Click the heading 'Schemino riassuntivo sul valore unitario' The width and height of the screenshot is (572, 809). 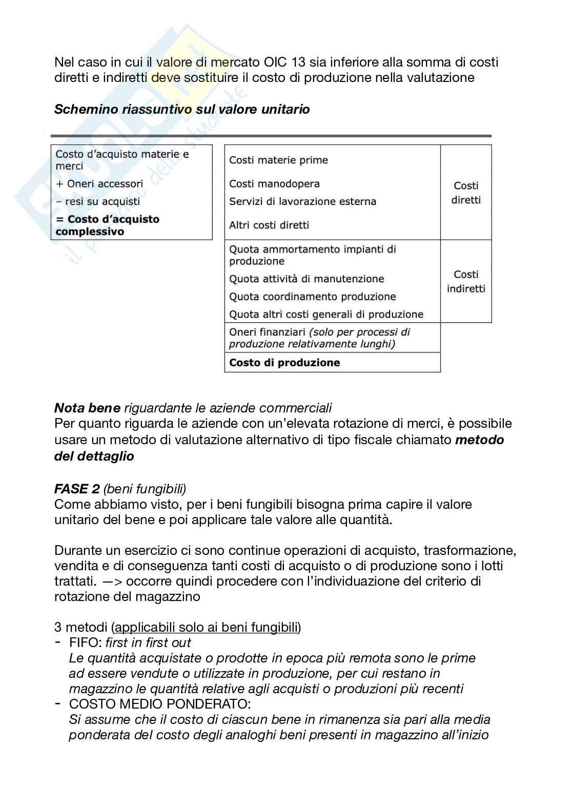pyautogui.click(x=182, y=109)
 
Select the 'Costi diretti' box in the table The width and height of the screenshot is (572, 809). pyautogui.click(x=465, y=193)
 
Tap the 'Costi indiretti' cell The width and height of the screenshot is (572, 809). pyautogui.click(x=465, y=281)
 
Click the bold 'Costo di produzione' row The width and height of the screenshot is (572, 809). pyautogui.click(x=284, y=363)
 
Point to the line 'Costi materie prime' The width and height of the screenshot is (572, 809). pyautogui.click(x=278, y=160)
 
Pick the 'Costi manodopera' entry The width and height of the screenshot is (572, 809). pyautogui.click(x=274, y=184)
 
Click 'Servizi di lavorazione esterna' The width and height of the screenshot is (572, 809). pyautogui.click(x=302, y=201)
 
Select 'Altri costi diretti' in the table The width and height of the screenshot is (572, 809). pyautogui.click(x=269, y=225)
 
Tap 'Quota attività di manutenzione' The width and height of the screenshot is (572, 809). pyautogui.click(x=306, y=279)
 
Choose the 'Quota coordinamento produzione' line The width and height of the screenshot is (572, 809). pyautogui.click(x=312, y=297)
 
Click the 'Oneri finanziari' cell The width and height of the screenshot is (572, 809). pyautogui.click(x=319, y=338)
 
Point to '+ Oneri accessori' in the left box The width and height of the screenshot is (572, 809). pyautogui.click(x=99, y=184)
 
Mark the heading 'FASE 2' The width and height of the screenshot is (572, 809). pyautogui.click(x=77, y=489)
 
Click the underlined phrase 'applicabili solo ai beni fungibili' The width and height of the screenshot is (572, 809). pyautogui.click(x=207, y=627)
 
